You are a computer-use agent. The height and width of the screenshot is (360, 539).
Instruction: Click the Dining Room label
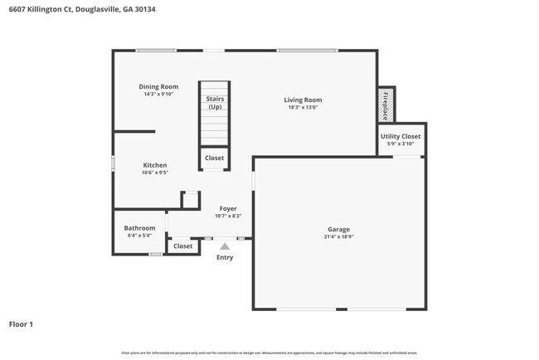click(158, 86)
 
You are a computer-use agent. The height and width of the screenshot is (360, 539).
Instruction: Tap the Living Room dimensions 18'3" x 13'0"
click(303, 107)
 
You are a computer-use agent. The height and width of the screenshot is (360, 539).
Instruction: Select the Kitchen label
click(154, 165)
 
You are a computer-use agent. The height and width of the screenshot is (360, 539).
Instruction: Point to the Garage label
click(338, 229)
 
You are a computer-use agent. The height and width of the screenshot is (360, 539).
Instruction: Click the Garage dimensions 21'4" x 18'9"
click(338, 236)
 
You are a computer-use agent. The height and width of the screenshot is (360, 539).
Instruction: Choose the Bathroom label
click(139, 227)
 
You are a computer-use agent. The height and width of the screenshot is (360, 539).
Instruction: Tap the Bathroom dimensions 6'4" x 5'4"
click(139, 235)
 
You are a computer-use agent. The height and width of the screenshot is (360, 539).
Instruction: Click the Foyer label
click(227, 208)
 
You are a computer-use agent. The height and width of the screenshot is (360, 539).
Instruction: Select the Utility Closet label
click(401, 136)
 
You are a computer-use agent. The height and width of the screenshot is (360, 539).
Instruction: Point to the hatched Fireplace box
click(386, 105)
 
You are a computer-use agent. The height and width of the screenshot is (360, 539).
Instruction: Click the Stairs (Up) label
click(215, 103)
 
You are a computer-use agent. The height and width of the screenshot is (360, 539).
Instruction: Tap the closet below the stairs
click(215, 158)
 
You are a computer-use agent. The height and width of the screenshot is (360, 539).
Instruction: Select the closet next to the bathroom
click(182, 246)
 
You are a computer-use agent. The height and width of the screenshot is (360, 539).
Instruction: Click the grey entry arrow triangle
click(225, 246)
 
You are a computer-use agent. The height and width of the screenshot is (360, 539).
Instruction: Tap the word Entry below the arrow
click(225, 257)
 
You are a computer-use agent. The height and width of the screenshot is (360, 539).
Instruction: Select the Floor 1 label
click(21, 324)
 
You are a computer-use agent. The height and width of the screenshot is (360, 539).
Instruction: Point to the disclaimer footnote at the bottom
click(269, 353)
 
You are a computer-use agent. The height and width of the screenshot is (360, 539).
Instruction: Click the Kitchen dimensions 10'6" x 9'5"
click(154, 173)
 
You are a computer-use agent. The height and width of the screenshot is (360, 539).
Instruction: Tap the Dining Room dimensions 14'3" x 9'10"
click(158, 94)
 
